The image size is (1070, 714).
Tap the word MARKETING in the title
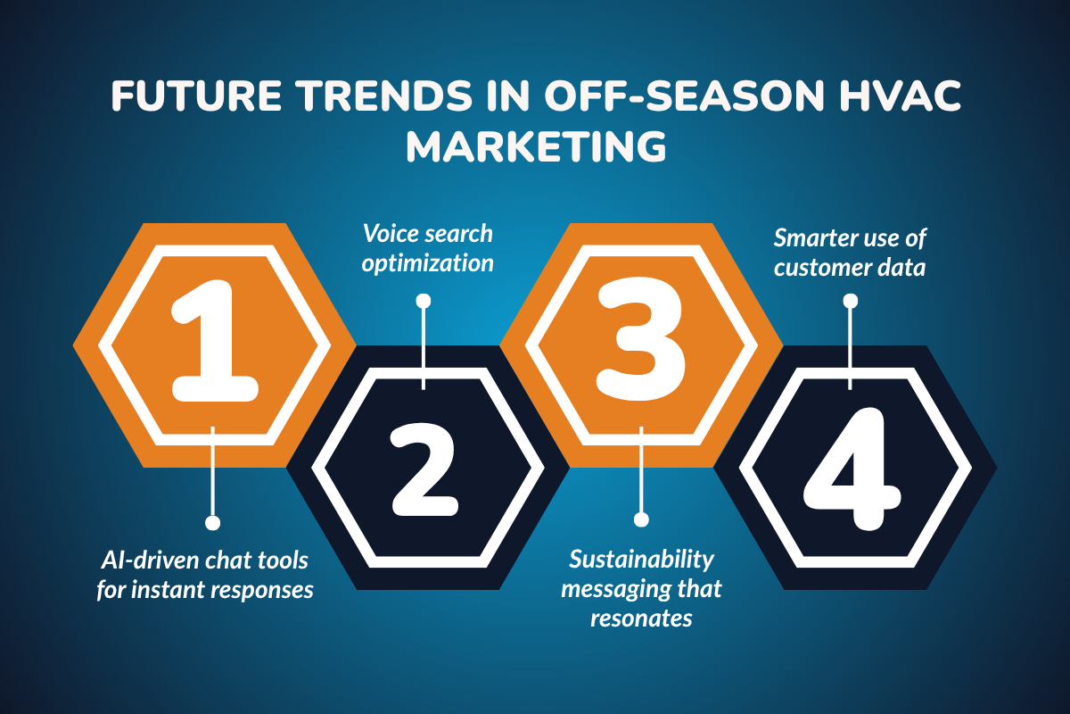click(536, 146)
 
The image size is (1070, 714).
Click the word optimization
click(425, 264)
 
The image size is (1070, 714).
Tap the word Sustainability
click(642, 560)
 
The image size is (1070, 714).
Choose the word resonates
click(641, 619)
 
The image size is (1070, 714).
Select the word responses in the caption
click(267, 590)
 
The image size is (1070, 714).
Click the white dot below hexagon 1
click(212, 522)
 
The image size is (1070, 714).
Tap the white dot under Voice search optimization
click(424, 301)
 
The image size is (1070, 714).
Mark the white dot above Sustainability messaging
click(639, 519)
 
